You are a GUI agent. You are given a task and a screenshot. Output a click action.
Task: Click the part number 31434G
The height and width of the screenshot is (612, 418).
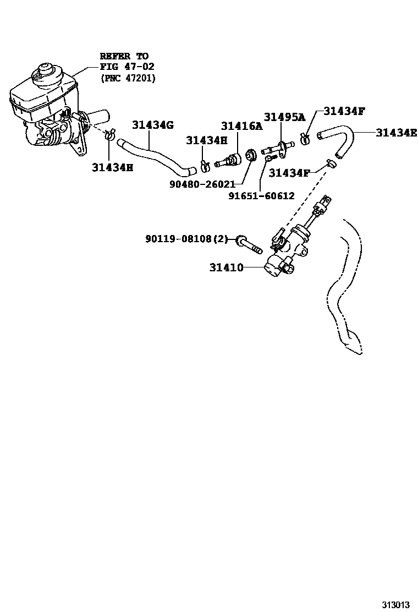pos(152,125)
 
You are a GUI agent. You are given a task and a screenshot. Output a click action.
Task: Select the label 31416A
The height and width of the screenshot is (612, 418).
pos(241,127)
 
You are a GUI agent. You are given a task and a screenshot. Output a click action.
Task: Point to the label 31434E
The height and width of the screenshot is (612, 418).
pos(396,132)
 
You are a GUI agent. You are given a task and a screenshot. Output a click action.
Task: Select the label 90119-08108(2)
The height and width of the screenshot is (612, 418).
pos(186,239)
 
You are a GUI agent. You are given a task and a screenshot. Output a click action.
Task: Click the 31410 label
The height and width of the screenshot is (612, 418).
pos(226,268)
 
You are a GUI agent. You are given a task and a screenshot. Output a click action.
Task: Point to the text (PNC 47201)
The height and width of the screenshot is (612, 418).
pos(128,78)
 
